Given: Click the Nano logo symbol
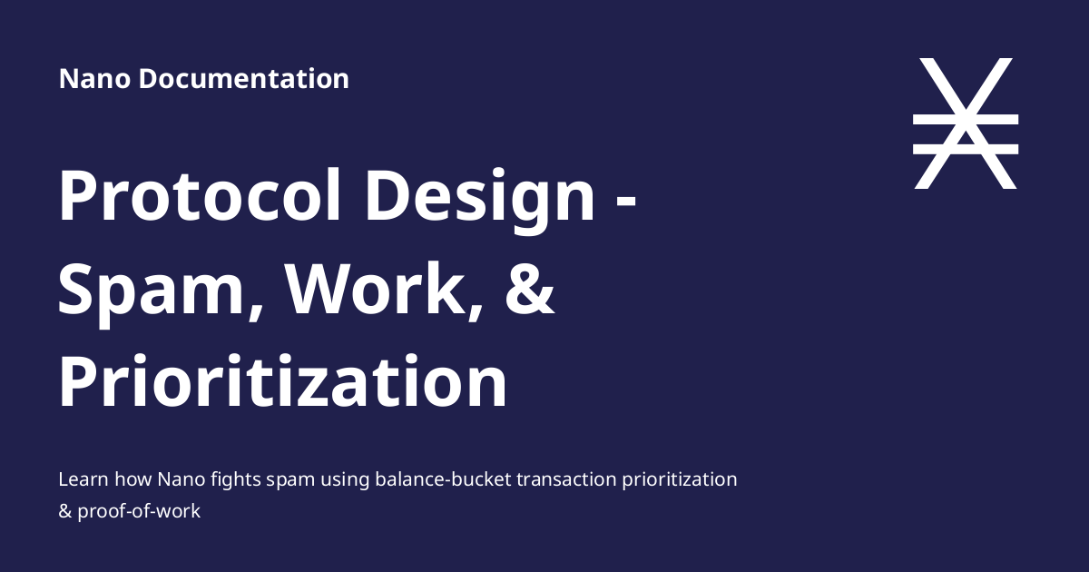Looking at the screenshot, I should [x=966, y=123].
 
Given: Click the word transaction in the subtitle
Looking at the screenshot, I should [x=565, y=479].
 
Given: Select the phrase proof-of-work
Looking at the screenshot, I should [x=139, y=511].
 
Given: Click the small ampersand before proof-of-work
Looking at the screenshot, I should [x=64, y=511].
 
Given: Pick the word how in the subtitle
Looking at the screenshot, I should [x=130, y=479].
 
